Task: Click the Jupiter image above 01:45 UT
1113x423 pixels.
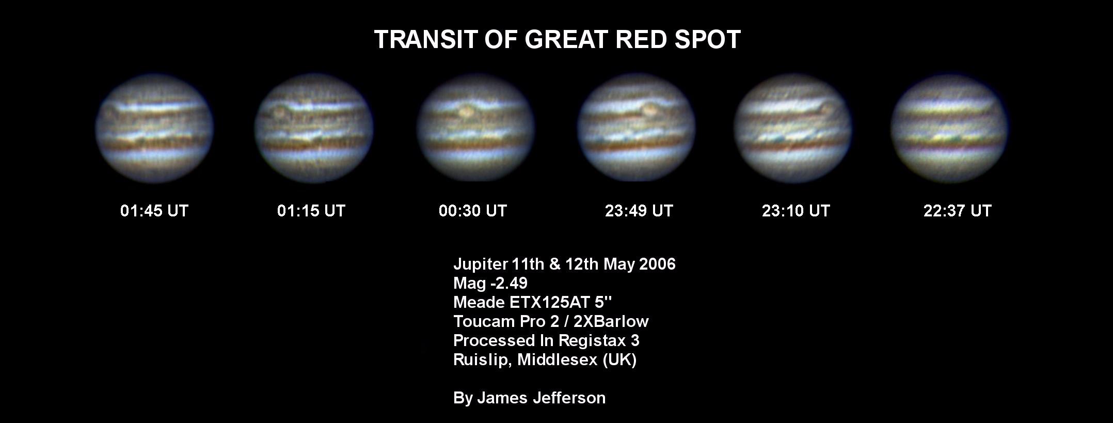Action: pos(154,129)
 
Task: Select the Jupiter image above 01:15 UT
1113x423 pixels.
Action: pos(314,129)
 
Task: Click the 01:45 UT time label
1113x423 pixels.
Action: pos(154,211)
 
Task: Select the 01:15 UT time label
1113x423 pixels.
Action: pos(311,211)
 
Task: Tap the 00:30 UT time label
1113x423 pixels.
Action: pos(473,211)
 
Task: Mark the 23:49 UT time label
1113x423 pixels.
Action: pos(639,211)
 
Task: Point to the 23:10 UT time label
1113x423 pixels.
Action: pos(796,211)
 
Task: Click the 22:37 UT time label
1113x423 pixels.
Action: pos(958,211)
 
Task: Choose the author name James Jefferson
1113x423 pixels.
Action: pos(541,398)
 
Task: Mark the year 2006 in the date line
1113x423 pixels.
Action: pos(657,264)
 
